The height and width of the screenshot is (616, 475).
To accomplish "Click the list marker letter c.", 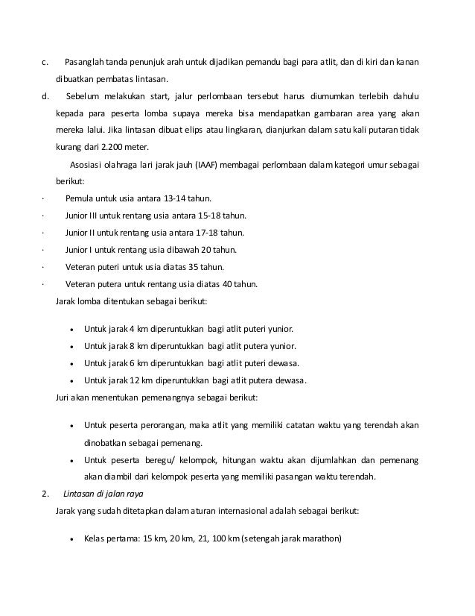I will [45, 61].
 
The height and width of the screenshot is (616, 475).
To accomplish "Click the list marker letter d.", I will [45, 95].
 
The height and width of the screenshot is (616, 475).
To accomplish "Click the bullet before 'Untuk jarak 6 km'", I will [70, 363].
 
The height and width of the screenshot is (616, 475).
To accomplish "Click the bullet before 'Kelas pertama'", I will [70, 539].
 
